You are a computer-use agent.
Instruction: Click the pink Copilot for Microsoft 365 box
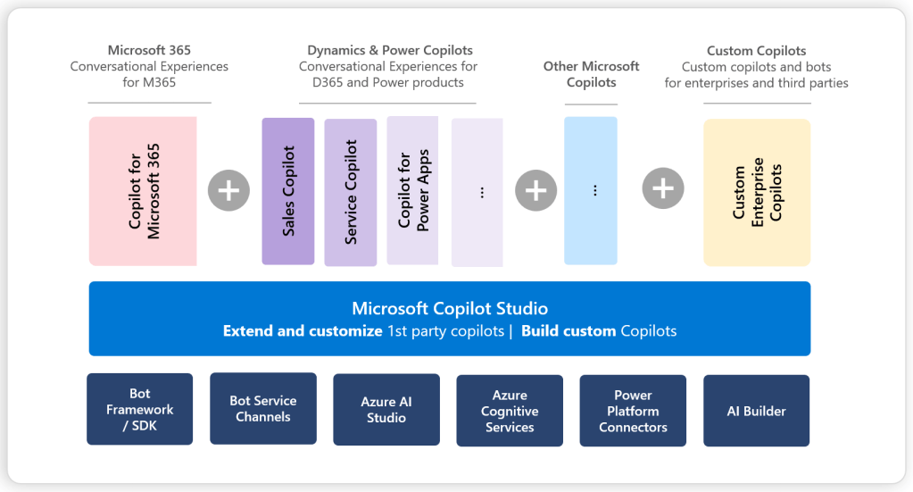[143, 191]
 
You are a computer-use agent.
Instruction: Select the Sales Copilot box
[287, 191]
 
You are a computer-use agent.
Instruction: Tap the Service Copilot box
[350, 192]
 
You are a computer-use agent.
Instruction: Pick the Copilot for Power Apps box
[412, 190]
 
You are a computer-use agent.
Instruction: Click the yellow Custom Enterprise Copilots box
[757, 192]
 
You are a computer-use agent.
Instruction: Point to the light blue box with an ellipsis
[591, 190]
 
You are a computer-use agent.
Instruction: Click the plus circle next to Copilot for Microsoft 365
[228, 190]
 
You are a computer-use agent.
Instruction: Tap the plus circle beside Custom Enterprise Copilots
[662, 188]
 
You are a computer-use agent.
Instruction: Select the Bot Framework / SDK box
[139, 409]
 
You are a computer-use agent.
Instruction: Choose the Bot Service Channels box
[263, 408]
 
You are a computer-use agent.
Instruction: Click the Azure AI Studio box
[386, 410]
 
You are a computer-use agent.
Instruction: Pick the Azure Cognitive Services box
[510, 411]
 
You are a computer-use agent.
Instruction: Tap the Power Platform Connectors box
[633, 411]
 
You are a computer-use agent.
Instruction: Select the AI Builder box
[756, 411]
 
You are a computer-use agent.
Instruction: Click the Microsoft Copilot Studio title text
[449, 309]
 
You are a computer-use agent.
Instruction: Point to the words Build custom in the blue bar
[569, 331]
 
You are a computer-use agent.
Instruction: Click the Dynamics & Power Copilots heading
[390, 50]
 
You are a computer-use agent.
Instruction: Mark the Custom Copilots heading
[756, 51]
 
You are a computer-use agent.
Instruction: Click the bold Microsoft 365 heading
[149, 50]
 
